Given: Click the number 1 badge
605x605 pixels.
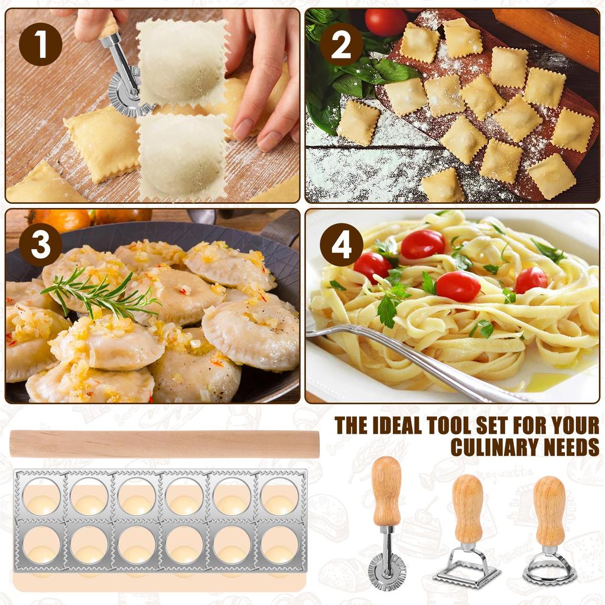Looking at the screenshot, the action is (41, 44).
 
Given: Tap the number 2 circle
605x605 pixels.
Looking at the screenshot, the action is (341, 44).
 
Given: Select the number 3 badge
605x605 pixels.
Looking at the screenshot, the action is (41, 245).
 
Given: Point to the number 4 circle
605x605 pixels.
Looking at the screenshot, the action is (341, 245).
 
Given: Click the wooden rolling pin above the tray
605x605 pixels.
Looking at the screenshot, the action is (164, 444).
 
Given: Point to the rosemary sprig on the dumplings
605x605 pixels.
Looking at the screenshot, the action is (99, 293).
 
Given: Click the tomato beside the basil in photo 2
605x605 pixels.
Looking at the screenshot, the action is (386, 22).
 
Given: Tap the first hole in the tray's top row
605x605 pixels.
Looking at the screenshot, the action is (42, 496).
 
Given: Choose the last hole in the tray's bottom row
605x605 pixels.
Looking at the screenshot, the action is (279, 545).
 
